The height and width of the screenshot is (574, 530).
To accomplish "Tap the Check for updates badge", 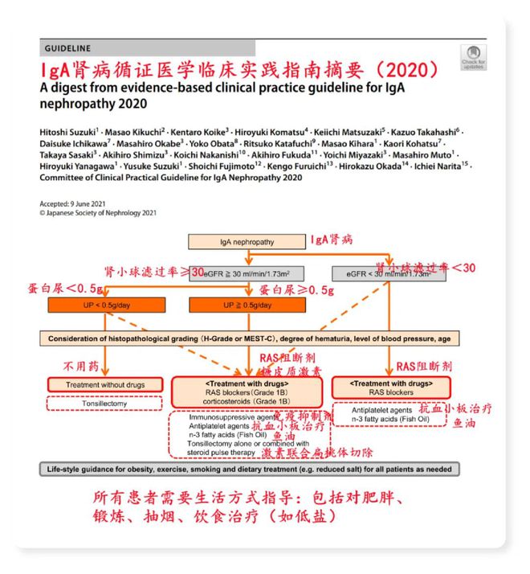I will click(473, 57).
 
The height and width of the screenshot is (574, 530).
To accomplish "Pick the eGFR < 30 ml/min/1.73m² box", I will click(389, 274).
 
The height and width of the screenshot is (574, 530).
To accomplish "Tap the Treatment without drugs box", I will click(106, 385).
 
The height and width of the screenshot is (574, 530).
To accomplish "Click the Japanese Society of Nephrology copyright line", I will click(98, 213).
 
